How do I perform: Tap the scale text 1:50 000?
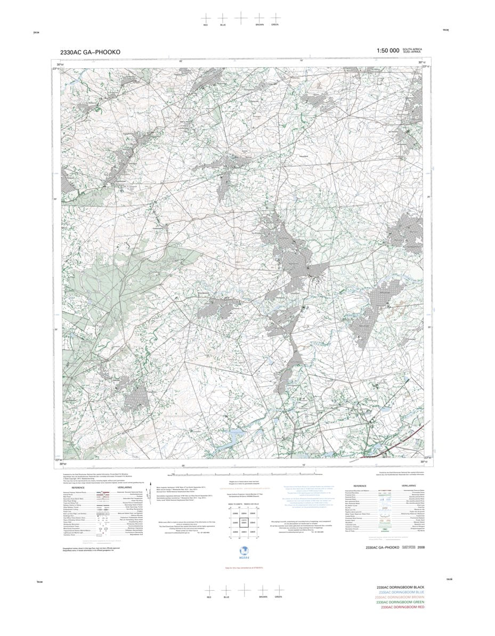(387, 51)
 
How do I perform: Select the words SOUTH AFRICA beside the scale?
(412, 49)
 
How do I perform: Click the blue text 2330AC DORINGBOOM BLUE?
(401, 592)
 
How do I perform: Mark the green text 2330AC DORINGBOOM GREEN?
(401, 602)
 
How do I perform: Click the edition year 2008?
(421, 547)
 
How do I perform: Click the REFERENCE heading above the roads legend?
(78, 487)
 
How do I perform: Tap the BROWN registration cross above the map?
(259, 18)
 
